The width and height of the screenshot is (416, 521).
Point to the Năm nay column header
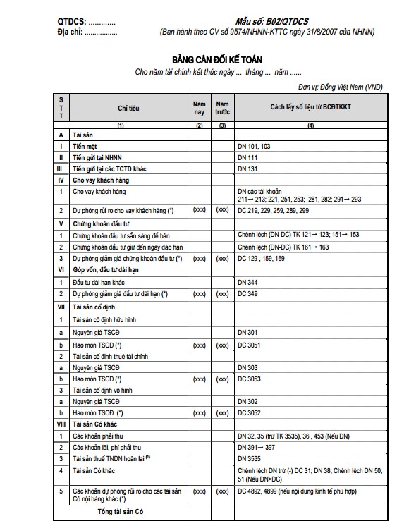(x=200, y=108)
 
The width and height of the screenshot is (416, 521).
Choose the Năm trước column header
(x=223, y=108)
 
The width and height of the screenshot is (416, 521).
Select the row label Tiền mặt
(x=88, y=146)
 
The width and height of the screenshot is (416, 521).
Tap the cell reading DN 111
(x=248, y=157)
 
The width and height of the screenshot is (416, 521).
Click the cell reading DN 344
(x=248, y=282)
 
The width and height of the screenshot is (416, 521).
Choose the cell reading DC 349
(x=248, y=293)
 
